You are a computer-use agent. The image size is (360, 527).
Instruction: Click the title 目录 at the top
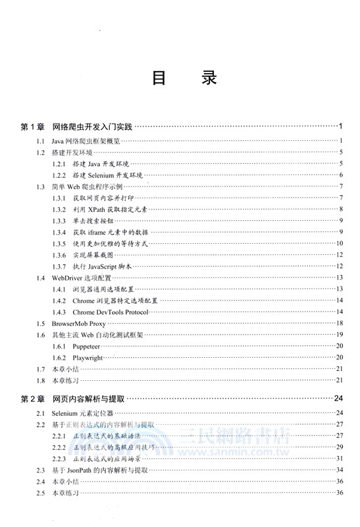tap(180, 78)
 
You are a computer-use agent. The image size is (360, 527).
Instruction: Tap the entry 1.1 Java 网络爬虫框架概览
tap(86, 140)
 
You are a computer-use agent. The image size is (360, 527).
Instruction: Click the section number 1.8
tap(41, 380)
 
